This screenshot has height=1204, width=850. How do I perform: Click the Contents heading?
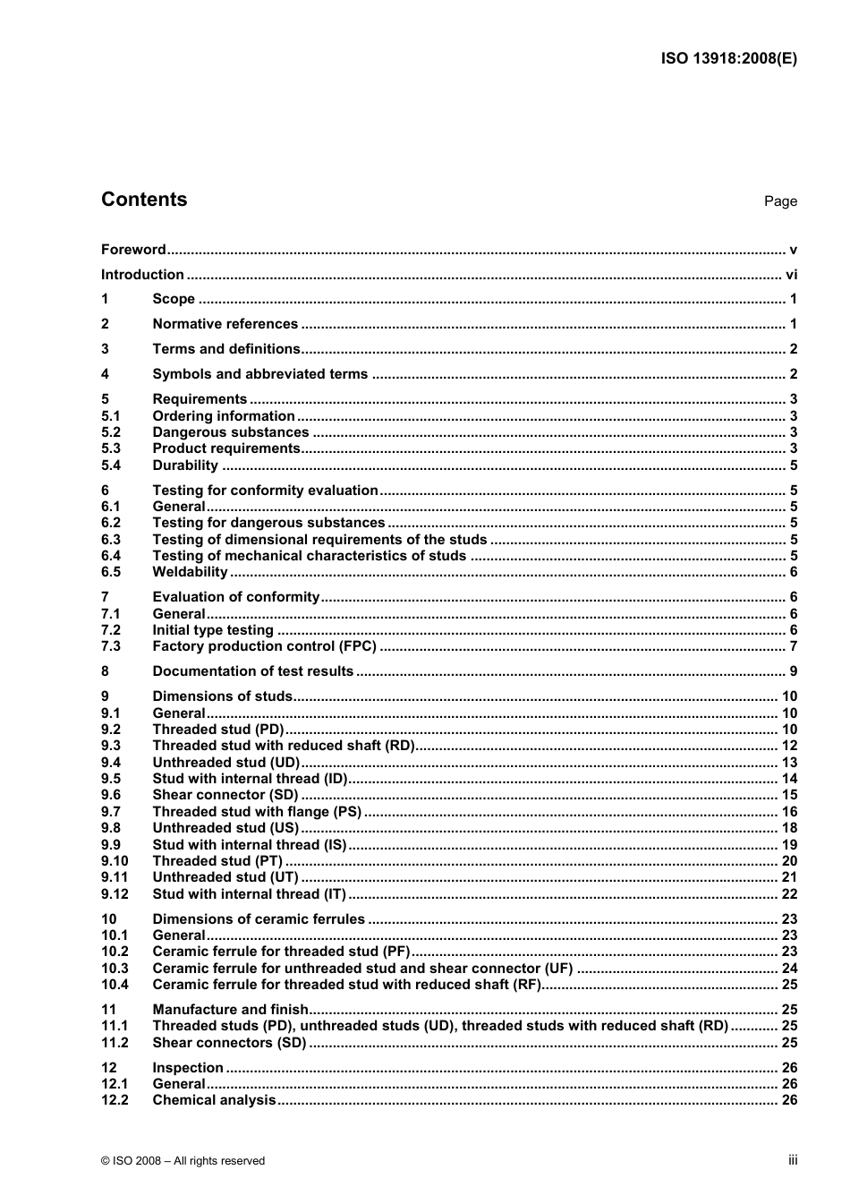[144, 200]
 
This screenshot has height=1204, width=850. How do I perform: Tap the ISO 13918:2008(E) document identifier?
[728, 59]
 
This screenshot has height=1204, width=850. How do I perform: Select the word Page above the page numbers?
[780, 201]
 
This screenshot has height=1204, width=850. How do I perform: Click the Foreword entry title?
[133, 250]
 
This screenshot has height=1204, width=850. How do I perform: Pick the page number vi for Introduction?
[791, 275]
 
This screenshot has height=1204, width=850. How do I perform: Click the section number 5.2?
[111, 432]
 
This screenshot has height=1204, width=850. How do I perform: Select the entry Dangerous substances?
[231, 432]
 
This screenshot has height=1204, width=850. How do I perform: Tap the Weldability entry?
[190, 572]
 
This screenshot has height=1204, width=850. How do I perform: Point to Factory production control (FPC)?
[264, 646]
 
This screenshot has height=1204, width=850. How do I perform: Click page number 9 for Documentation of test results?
[793, 671]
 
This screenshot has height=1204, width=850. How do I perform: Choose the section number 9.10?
[115, 861]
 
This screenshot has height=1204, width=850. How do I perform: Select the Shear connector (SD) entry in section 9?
[225, 795]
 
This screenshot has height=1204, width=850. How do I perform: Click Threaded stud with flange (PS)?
[257, 812]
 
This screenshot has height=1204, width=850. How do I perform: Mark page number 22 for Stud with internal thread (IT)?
[789, 894]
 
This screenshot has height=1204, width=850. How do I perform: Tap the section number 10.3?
[115, 969]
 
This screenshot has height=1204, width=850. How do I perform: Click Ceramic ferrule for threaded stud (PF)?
[281, 952]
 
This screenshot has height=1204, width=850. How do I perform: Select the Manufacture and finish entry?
[230, 1010]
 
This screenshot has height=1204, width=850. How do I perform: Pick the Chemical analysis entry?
[214, 1100]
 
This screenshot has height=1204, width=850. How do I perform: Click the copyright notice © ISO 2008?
[183, 1161]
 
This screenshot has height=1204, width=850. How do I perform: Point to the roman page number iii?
[793, 1160]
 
